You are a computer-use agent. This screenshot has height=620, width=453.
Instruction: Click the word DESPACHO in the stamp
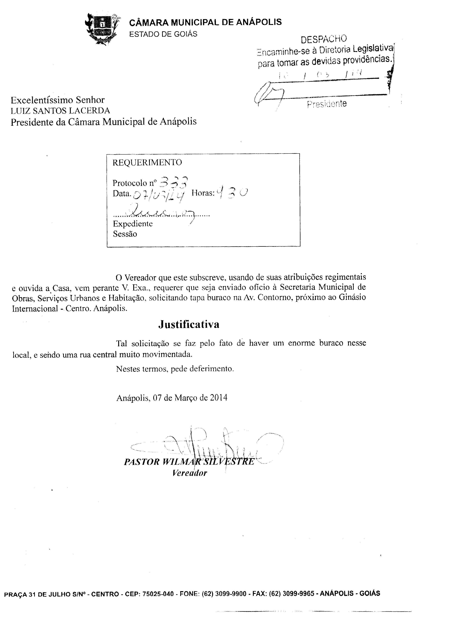pyautogui.click(x=324, y=39)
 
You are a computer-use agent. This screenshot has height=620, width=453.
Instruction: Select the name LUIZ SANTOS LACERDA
pyautogui.click(x=60, y=111)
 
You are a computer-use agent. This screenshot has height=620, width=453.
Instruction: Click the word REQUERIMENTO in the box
pyautogui.click(x=147, y=163)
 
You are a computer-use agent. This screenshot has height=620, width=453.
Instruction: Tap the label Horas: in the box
pyautogui.click(x=203, y=193)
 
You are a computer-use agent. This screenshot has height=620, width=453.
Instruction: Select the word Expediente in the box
pyautogui.click(x=133, y=224)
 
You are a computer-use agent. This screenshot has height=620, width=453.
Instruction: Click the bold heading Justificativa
pyautogui.click(x=189, y=324)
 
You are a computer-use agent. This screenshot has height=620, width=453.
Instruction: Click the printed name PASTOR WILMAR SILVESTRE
pyautogui.click(x=189, y=462)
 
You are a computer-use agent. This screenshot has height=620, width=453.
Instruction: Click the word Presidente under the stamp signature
pyautogui.click(x=327, y=104)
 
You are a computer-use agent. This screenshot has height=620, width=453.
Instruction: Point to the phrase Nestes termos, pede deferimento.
pyautogui.click(x=175, y=369)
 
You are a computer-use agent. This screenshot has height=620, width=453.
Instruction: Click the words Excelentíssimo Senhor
pyautogui.click(x=58, y=100)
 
